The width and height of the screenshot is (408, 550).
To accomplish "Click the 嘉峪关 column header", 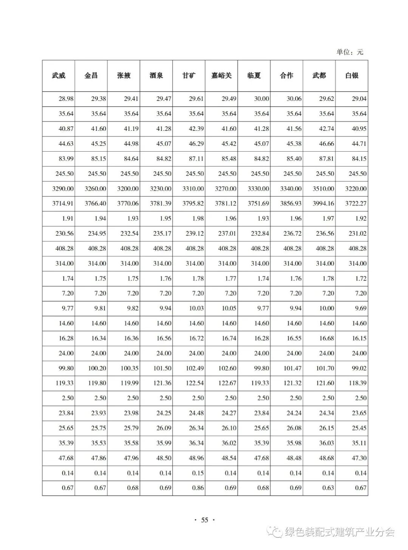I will pos(221,76).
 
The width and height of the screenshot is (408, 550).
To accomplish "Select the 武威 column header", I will pos(59,76).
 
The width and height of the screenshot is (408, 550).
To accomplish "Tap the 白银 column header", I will pos(352,76).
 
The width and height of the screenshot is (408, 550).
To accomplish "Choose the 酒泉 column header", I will pos(156,76).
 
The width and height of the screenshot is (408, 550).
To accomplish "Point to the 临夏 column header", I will pos(254,76).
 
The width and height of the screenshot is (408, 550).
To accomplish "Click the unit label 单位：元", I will pos(349,52).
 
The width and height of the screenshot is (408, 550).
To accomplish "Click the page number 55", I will pos(204,520).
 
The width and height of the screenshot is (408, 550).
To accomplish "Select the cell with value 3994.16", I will pos(323,203).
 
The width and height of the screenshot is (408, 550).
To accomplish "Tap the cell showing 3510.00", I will pos(323,189).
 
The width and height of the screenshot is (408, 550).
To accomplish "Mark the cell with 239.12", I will pos(195,234).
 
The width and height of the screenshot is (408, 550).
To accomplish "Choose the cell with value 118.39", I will pos(357,383).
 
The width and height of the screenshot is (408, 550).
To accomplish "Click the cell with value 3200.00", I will pos(128,189).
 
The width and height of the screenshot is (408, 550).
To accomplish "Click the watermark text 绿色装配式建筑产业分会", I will pos(339,532).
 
